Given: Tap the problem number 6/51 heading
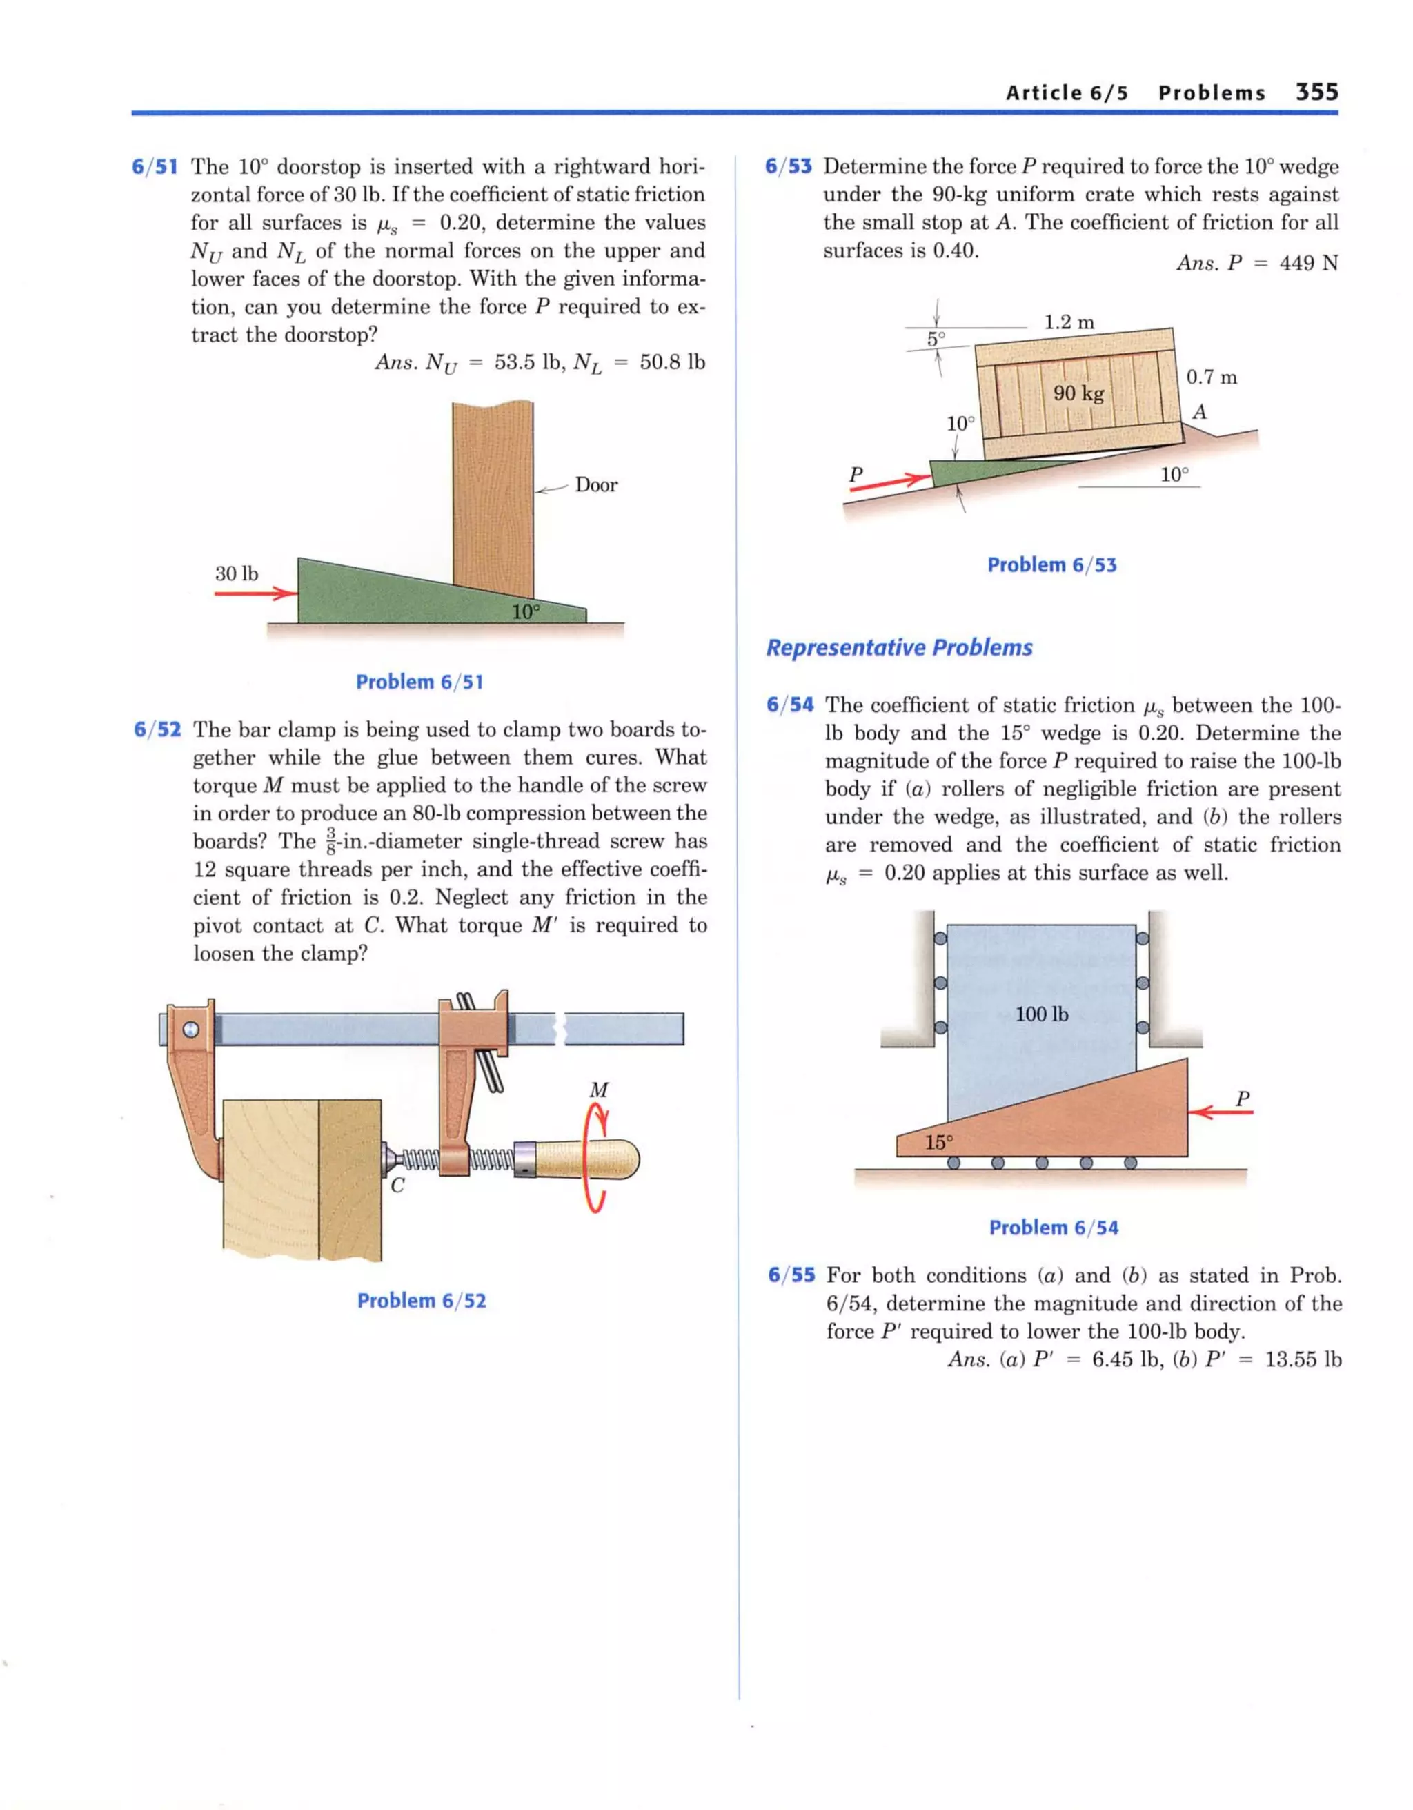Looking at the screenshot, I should coord(155,166).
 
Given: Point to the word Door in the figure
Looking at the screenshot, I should coord(596,485).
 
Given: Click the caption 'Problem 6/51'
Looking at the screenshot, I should coord(419,682).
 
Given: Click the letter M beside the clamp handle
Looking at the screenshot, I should coord(598,1090).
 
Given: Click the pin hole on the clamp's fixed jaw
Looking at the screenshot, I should coord(191,1030).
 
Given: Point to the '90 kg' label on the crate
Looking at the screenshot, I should coord(1078,393).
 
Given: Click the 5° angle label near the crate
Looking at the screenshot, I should coord(936,339).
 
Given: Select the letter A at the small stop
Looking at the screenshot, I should coord(1198,412).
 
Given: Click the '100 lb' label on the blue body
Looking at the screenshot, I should coord(1042,1014).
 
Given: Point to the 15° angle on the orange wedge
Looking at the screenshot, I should coord(939,1143).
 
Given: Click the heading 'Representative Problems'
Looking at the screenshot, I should coord(899,647).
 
